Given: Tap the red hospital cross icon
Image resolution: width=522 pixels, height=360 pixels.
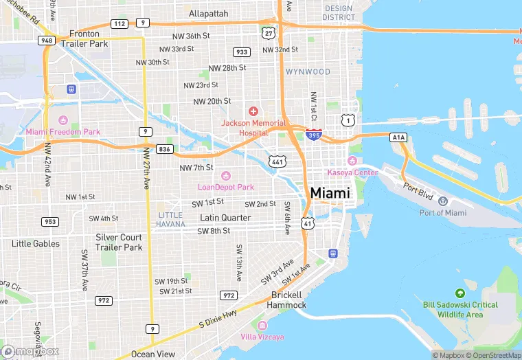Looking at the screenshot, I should click(253, 111).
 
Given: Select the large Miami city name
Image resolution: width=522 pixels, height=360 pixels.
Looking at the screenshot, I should click(330, 193).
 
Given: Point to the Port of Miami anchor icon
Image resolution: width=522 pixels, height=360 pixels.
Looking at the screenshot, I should click(443, 201).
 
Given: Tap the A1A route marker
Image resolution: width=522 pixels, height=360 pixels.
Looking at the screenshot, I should click(399, 137).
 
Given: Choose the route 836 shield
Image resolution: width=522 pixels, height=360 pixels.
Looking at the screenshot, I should click(165, 149).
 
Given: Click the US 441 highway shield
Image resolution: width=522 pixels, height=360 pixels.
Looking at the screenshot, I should click(277, 161).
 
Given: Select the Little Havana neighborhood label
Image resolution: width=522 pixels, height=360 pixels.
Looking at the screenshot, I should click(170, 219).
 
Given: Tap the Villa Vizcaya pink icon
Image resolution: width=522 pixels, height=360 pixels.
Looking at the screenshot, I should click(261, 325).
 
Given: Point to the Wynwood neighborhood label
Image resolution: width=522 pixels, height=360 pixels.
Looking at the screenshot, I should click(308, 71).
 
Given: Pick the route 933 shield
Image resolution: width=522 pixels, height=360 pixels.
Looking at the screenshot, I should click(242, 52).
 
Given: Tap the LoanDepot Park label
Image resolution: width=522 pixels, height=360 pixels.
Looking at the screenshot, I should click(226, 187).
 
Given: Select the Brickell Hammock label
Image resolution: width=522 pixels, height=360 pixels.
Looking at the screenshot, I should click(286, 300).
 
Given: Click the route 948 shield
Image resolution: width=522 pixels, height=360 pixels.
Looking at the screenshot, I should click(47, 41).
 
